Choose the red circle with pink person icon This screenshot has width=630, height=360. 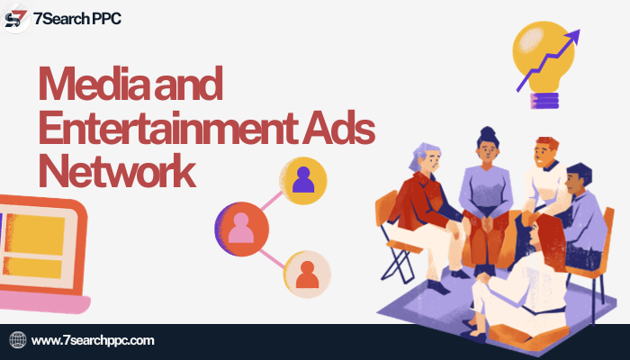[242, 229]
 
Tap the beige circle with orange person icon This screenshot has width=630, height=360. [308, 274]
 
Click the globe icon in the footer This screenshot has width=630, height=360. [18, 340]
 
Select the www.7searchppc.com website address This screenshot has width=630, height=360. [93, 340]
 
